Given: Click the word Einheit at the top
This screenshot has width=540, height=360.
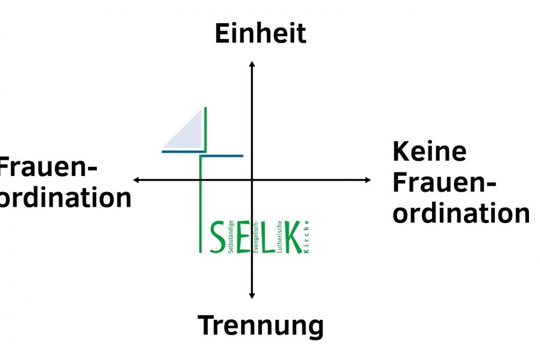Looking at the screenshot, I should (x=261, y=34).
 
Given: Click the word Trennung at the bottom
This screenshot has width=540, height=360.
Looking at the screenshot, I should (x=261, y=325).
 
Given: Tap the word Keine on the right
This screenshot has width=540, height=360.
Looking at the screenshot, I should (x=430, y=152).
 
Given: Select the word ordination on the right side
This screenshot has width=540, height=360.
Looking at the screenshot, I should (x=461, y=213).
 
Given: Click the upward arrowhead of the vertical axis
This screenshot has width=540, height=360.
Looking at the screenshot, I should (x=251, y=63).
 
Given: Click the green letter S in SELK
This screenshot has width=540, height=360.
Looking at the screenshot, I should (x=217, y=237).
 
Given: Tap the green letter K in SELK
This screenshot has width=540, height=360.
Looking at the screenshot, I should (x=291, y=237).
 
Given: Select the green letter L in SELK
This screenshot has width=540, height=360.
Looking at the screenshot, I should (x=269, y=237).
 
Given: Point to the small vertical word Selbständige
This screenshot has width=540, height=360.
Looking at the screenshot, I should (x=231, y=236).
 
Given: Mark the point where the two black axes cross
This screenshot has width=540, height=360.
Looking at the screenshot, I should (x=251, y=180).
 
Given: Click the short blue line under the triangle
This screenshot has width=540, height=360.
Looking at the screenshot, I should (x=183, y=151).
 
